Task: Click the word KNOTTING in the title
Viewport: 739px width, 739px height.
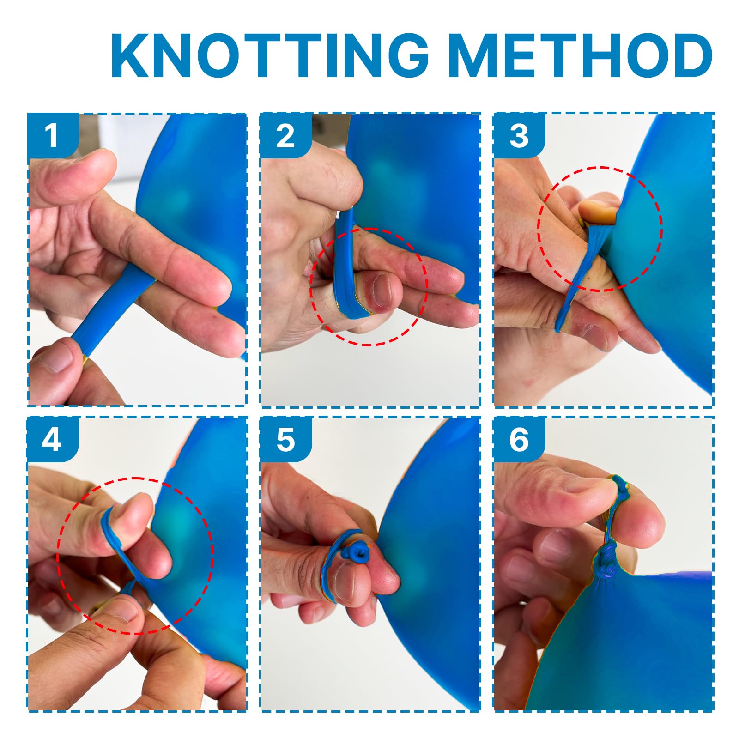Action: point(269,55)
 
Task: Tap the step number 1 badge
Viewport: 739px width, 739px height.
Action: point(52,135)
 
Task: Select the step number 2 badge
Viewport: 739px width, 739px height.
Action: point(285,135)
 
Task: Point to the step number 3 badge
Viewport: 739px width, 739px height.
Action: point(519,135)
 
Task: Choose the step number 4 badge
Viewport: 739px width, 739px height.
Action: point(52,439)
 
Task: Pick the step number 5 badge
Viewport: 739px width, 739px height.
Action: point(285,439)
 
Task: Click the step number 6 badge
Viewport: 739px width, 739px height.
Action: point(519,439)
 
